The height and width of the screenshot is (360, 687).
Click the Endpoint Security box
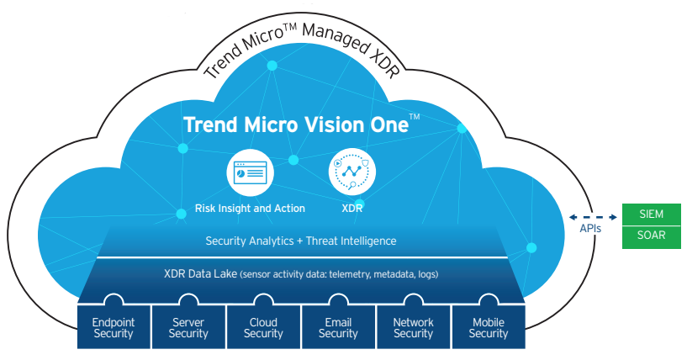coord(114,326)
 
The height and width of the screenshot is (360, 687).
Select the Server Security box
coord(188,326)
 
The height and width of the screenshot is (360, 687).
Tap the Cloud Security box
coord(263,326)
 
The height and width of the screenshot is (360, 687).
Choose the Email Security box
coord(338,326)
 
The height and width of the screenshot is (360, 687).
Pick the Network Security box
coord(413,326)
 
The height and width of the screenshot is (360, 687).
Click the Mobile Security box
coord(489,326)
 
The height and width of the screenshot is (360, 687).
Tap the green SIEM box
coord(651,214)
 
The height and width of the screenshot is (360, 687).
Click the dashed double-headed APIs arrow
coord(593,217)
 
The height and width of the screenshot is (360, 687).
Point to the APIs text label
coord(590,229)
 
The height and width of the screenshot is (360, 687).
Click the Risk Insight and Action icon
coord(251,172)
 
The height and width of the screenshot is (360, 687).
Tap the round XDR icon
coord(351,172)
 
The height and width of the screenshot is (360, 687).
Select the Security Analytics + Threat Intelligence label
coord(301,241)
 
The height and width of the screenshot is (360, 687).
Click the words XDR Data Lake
coord(201,274)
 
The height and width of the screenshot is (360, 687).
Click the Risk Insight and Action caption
coord(250,208)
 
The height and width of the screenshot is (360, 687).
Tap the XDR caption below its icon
coord(352,208)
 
